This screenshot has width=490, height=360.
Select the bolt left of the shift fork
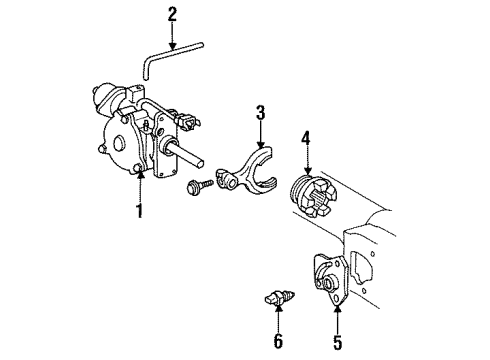click(195, 185)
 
